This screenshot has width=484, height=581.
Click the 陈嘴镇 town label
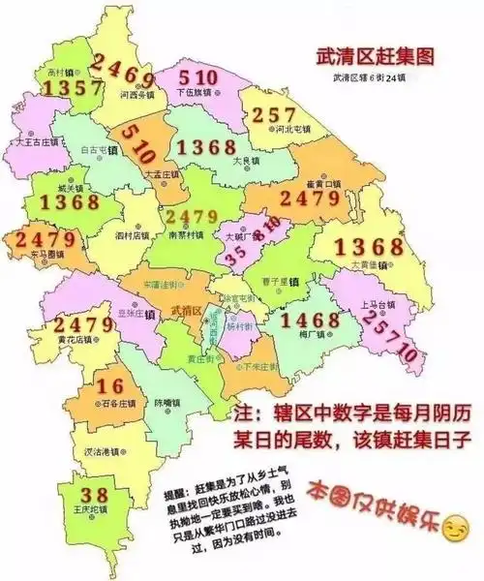click(166, 402)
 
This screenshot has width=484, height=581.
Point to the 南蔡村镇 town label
click(184, 234)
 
